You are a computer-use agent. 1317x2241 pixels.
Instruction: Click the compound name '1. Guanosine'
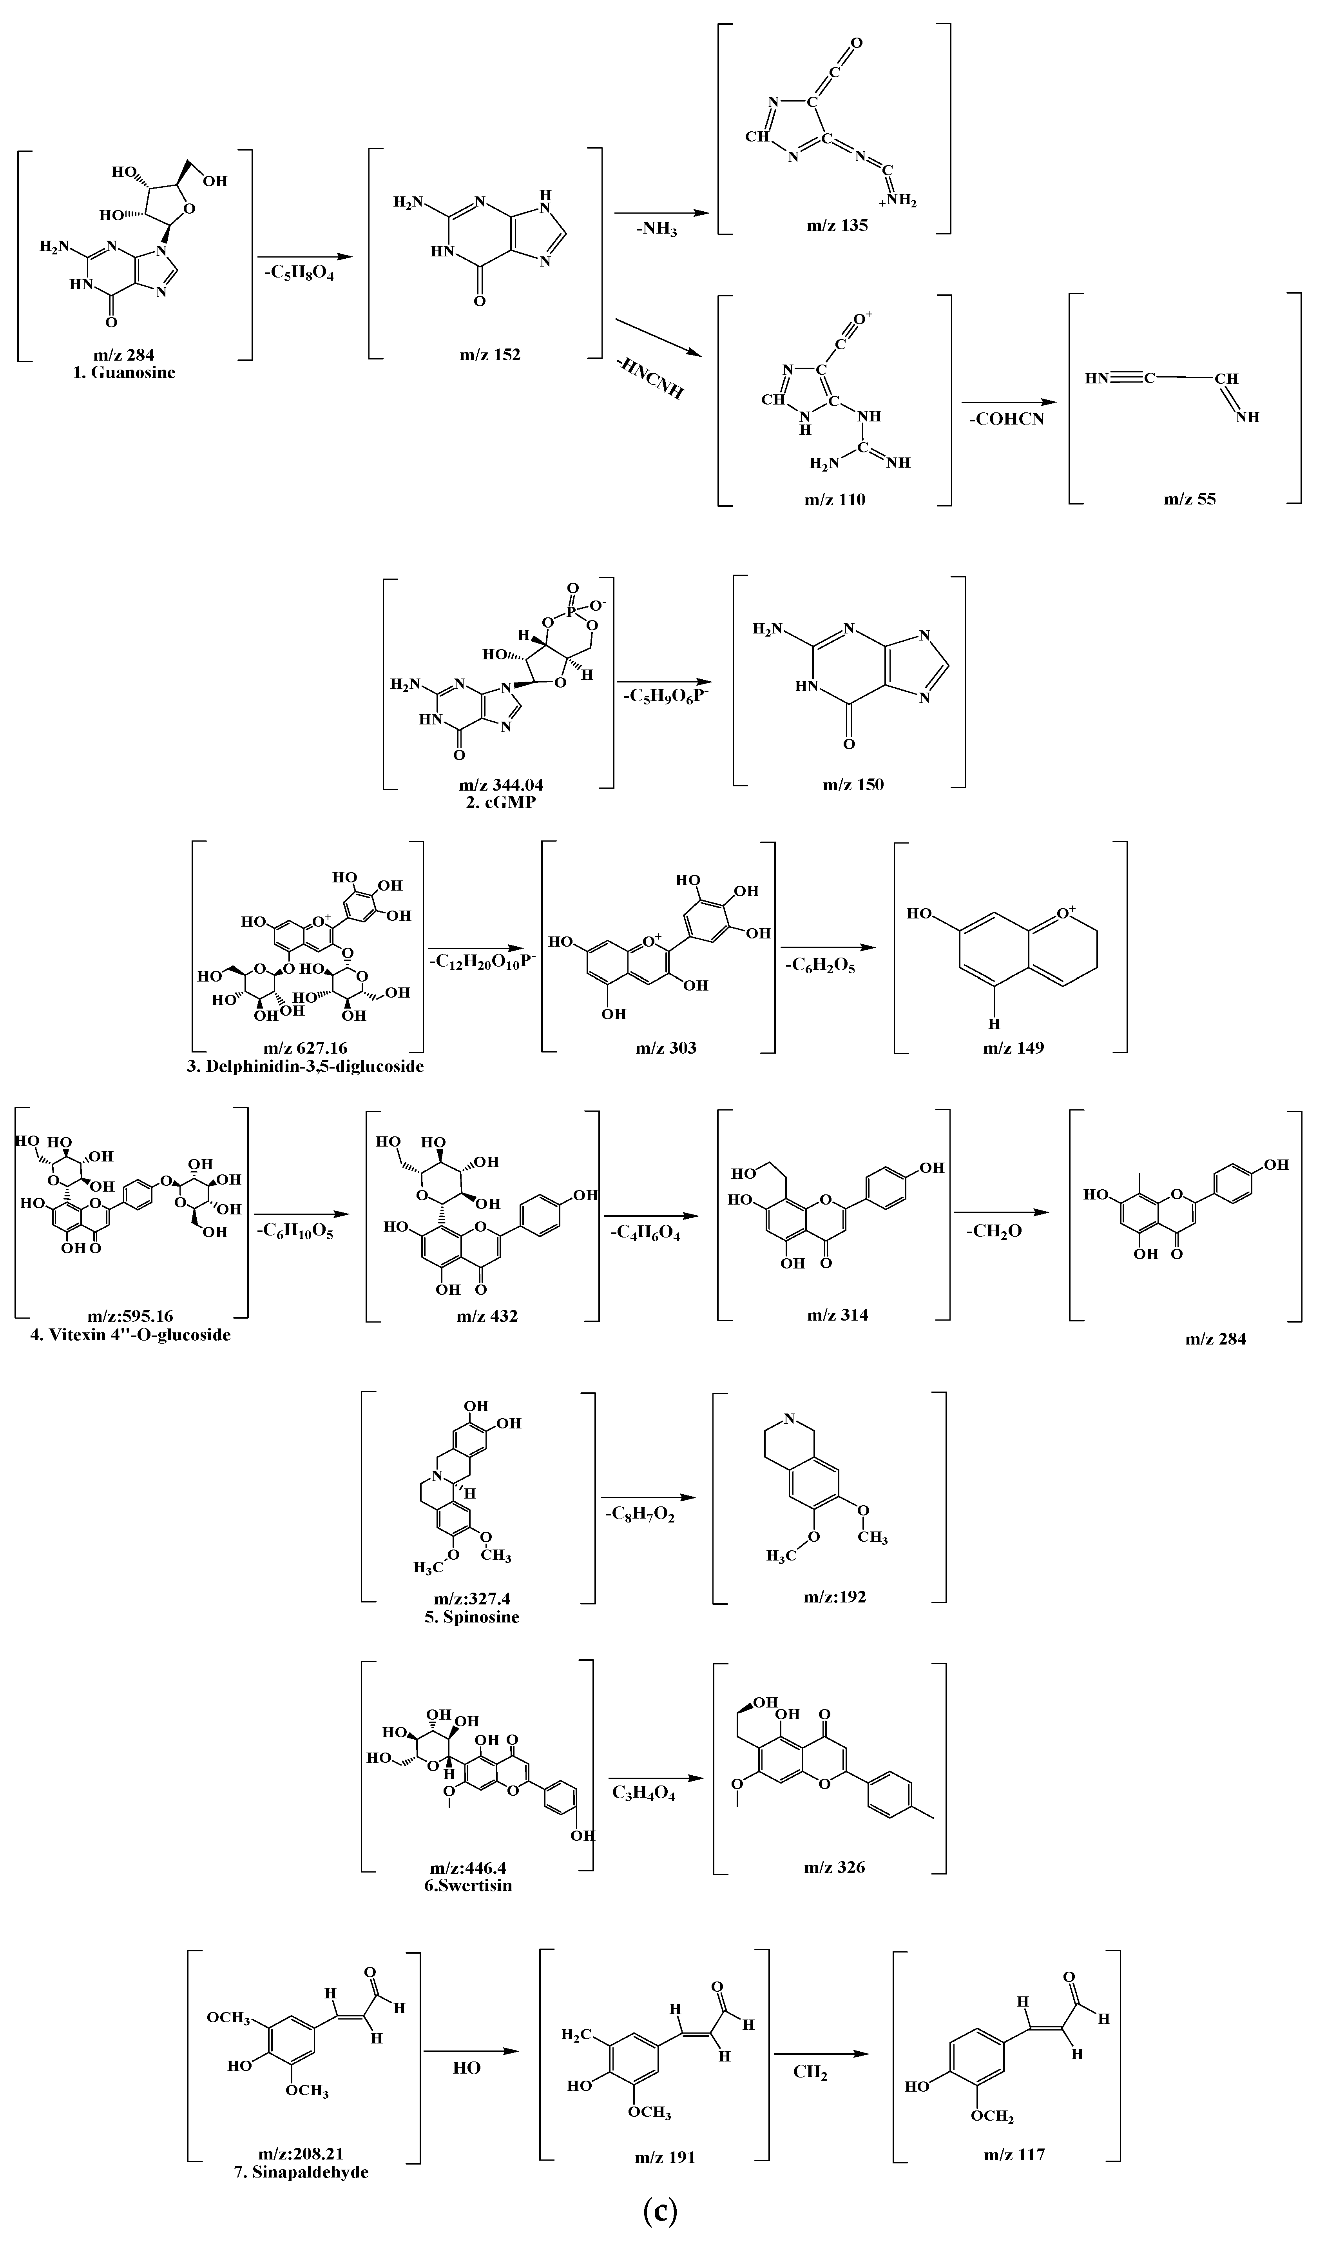[x=125, y=373]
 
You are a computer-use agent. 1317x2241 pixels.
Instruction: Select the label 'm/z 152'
[x=490, y=355]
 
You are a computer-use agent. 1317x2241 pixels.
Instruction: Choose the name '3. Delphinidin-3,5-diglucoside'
[x=305, y=1065]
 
